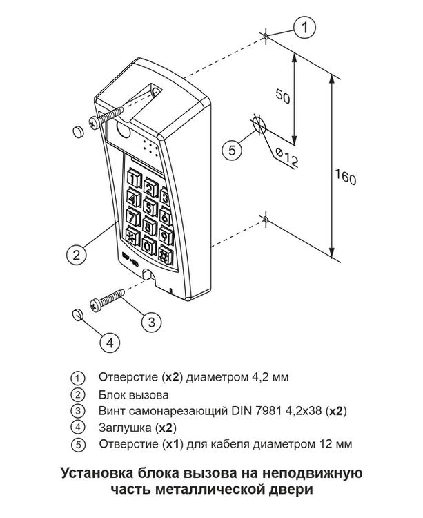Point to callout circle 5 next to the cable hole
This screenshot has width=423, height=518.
[232, 150]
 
